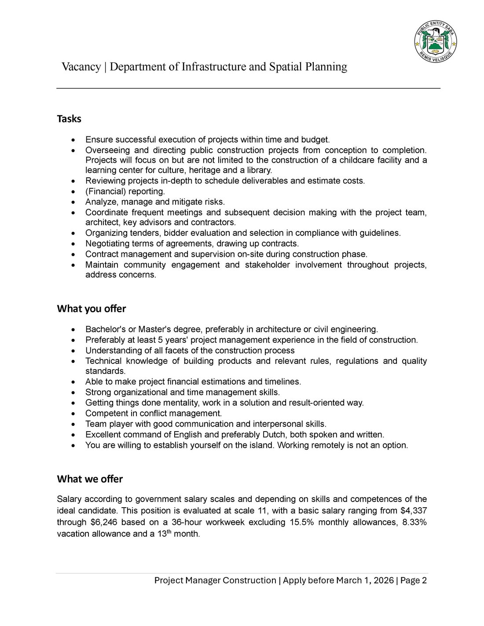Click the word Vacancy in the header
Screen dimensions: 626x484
pyautogui.click(x=81, y=67)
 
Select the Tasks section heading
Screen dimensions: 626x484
pyautogui.click(x=69, y=119)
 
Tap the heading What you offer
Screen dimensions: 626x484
pyautogui.click(x=92, y=309)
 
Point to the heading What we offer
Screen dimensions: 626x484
pyautogui.click(x=90, y=479)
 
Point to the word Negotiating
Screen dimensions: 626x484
pyautogui.click(x=108, y=244)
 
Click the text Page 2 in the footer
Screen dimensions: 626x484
pyautogui.click(x=414, y=581)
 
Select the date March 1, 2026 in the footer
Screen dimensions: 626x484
pyautogui.click(x=365, y=581)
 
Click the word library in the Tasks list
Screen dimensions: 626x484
pyautogui.click(x=259, y=171)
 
